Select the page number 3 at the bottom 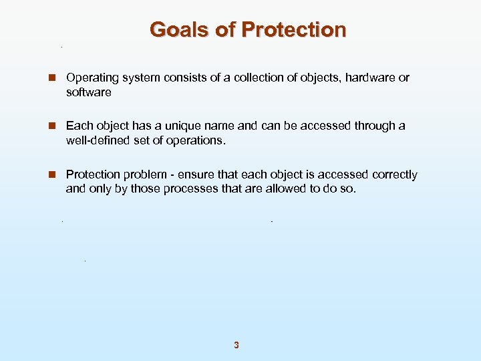[236, 346]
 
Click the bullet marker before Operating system [51, 78]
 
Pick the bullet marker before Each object [51, 126]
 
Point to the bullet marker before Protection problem [51, 175]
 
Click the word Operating [90, 78]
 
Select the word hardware [369, 78]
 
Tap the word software [88, 92]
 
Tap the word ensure [191, 174]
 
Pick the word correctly [394, 174]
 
